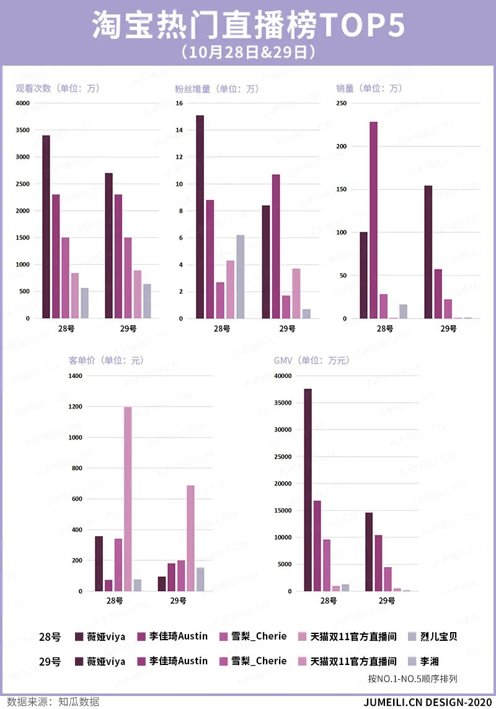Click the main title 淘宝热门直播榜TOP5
(x=248, y=25)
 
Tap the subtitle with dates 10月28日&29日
(x=248, y=52)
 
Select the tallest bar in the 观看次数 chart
(x=46, y=226)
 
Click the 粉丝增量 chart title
(x=216, y=89)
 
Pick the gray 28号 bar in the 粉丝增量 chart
(x=240, y=276)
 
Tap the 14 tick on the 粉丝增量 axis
(x=179, y=130)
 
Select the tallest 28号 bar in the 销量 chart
(x=373, y=220)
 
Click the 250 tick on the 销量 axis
(x=342, y=103)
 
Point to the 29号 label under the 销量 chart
(x=448, y=328)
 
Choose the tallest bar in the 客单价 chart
(x=128, y=499)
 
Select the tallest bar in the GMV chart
(x=308, y=490)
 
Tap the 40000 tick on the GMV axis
(x=283, y=376)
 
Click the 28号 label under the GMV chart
(x=328, y=601)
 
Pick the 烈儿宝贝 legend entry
(x=438, y=636)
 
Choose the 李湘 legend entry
(x=430, y=661)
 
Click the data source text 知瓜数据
(x=79, y=702)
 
